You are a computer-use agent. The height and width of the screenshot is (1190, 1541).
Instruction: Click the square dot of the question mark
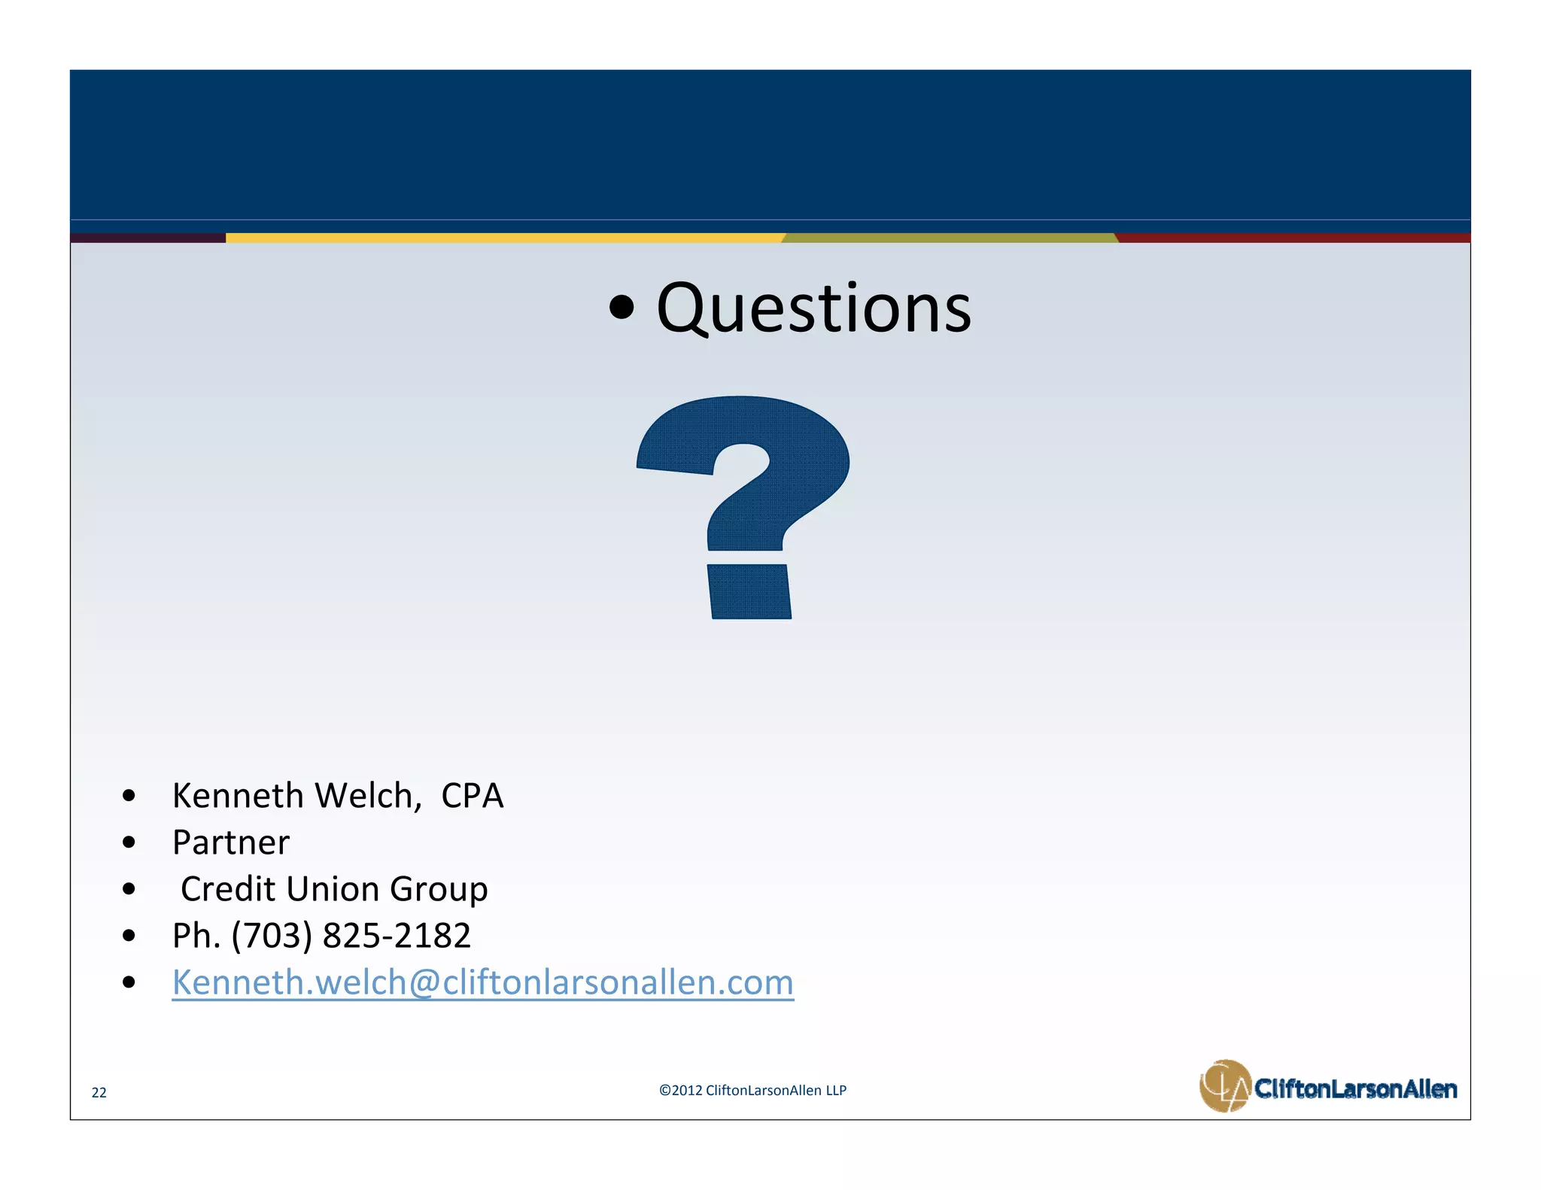[x=749, y=592]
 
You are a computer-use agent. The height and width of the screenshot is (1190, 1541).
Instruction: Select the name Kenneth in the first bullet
[x=237, y=796]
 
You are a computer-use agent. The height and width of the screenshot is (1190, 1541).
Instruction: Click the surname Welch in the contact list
[x=368, y=796]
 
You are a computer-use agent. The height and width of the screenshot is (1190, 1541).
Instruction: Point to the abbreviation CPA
[x=472, y=796]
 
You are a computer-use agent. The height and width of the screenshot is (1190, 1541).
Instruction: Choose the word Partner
[x=230, y=842]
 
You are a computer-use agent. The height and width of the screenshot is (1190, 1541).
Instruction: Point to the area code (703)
[x=272, y=936]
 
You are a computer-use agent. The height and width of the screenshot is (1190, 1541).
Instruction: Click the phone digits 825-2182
[x=397, y=936]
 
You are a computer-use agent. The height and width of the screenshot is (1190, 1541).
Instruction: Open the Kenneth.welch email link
[x=482, y=982]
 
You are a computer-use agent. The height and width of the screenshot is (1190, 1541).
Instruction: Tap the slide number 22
[x=99, y=1092]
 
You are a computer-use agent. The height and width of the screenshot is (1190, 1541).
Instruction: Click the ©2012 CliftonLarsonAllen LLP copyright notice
[x=752, y=1090]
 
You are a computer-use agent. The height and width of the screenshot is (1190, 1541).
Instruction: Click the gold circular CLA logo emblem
[x=1224, y=1085]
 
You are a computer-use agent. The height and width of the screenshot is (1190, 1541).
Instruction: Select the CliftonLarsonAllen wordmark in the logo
[x=1355, y=1088]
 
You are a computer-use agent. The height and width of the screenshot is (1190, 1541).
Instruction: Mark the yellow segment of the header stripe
[x=504, y=238]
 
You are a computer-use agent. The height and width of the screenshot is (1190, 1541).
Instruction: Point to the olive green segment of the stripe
[x=950, y=238]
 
